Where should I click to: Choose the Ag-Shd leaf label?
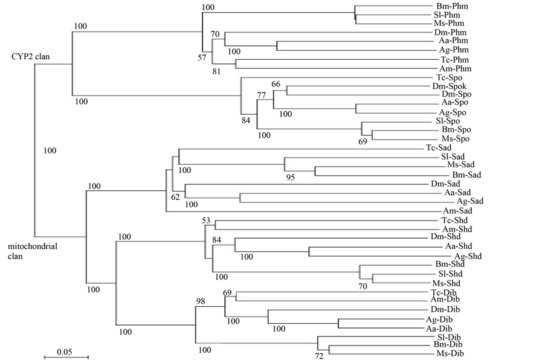coord(466,256)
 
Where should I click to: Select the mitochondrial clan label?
coord(28,251)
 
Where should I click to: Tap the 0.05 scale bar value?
coord(65,351)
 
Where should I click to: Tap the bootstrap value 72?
coord(318,356)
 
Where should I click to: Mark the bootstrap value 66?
coord(276,84)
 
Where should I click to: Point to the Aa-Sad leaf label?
coord(457,193)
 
